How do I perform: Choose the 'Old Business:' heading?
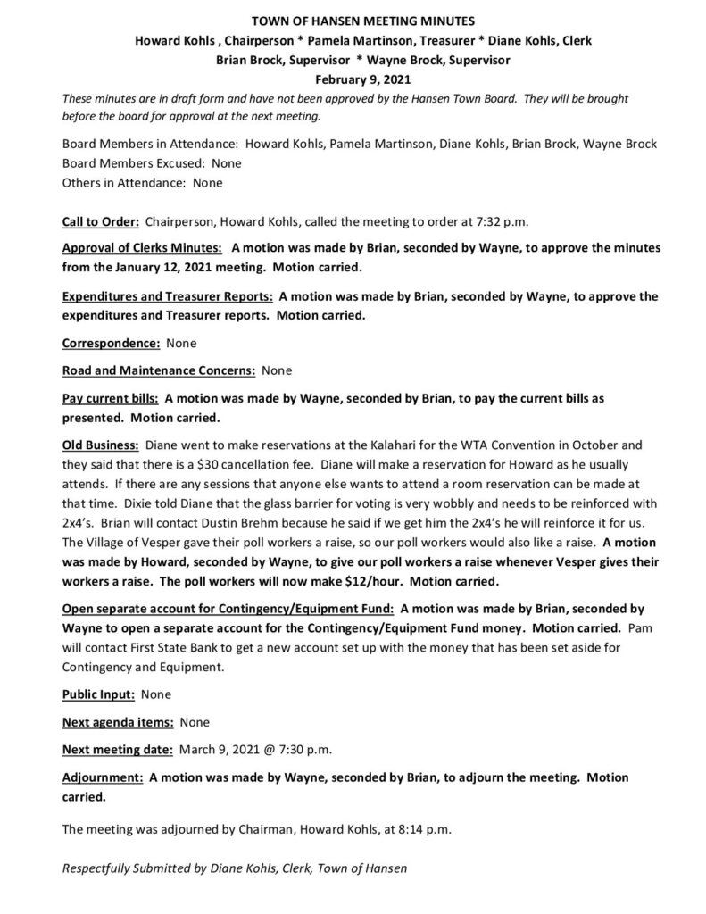[x=100, y=444]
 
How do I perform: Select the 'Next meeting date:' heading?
[x=118, y=748]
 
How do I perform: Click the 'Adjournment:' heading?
[x=101, y=777]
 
